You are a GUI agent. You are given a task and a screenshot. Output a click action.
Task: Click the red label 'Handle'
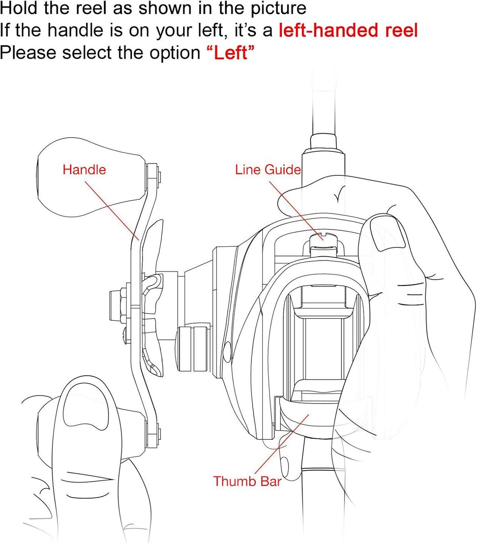(x=84, y=170)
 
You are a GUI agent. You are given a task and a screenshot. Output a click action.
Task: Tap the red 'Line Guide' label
(x=268, y=170)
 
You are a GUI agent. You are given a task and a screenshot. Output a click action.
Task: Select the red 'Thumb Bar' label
(x=247, y=481)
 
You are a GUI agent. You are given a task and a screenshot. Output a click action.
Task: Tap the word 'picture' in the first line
(x=278, y=9)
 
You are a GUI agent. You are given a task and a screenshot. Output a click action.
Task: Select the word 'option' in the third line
(x=175, y=53)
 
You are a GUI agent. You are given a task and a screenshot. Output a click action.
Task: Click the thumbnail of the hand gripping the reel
(x=391, y=233)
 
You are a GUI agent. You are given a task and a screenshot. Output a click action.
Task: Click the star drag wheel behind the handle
(x=153, y=298)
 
